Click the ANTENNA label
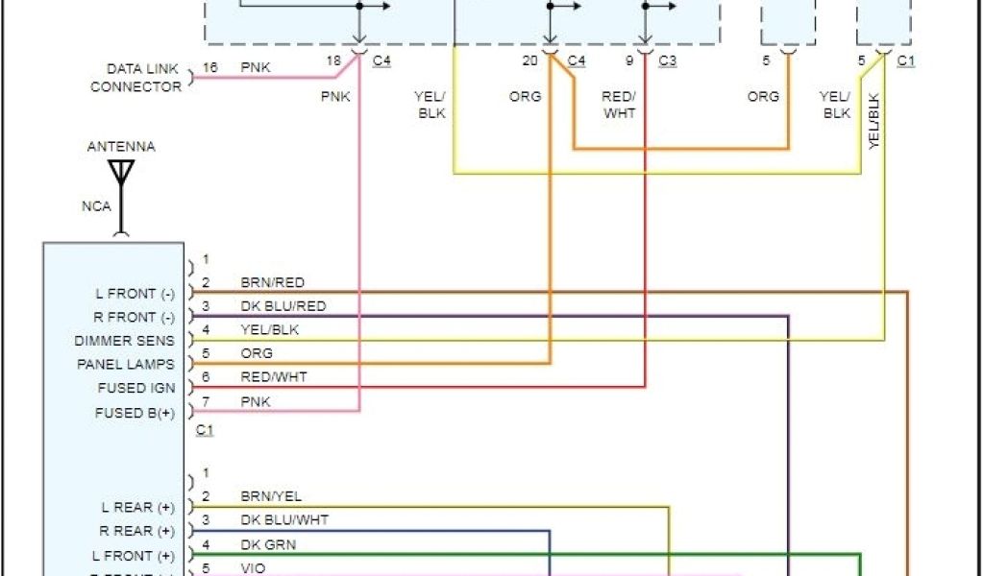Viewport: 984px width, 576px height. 121,147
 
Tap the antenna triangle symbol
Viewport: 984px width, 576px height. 121,173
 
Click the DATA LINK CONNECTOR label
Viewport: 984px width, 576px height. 135,78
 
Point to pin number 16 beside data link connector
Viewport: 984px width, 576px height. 210,68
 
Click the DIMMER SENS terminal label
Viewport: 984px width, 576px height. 125,341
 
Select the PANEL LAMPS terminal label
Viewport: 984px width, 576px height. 126,365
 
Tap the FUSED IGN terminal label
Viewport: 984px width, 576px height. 135,389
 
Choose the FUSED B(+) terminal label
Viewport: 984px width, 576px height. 135,414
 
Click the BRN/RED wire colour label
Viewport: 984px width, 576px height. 272,282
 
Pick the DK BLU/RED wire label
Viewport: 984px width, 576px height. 283,306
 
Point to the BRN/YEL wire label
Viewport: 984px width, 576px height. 271,496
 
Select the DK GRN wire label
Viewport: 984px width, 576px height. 268,544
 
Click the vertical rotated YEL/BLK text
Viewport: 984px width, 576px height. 873,119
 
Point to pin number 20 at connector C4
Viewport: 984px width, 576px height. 529,61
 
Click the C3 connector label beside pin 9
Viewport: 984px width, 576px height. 667,61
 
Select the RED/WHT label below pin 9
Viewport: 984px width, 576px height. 619,105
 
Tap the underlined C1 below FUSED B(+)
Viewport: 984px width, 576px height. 204,430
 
